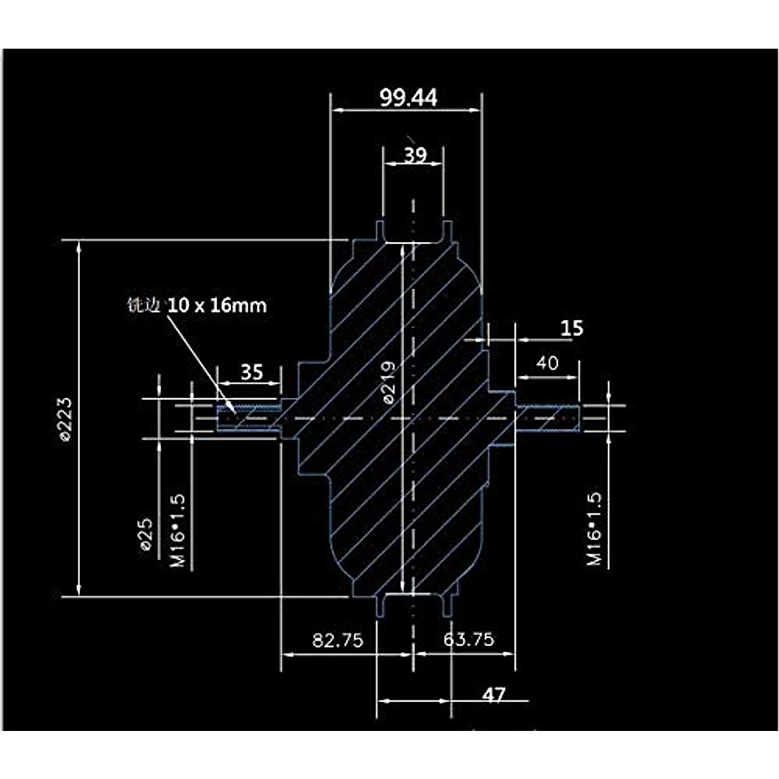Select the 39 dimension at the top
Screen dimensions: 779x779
[415, 155]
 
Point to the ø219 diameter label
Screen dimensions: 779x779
[388, 383]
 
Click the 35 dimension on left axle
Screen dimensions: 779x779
[251, 372]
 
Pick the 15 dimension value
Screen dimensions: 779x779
[571, 328]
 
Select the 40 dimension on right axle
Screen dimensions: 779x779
[547, 363]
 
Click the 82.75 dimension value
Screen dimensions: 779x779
[338, 640]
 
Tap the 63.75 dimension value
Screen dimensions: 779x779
[469, 639]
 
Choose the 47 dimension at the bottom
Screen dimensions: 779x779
[493, 695]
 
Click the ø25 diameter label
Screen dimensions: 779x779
[146, 534]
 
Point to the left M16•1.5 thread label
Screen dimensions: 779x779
[178, 530]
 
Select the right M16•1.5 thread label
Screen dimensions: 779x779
[595, 528]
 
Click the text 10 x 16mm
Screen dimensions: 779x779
[217, 305]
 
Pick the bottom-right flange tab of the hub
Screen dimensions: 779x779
[447, 604]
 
